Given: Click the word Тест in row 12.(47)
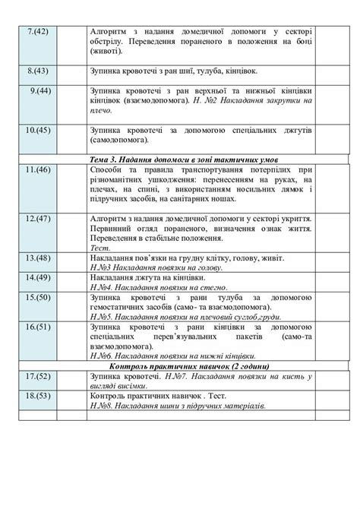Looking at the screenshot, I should coord(97,248).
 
